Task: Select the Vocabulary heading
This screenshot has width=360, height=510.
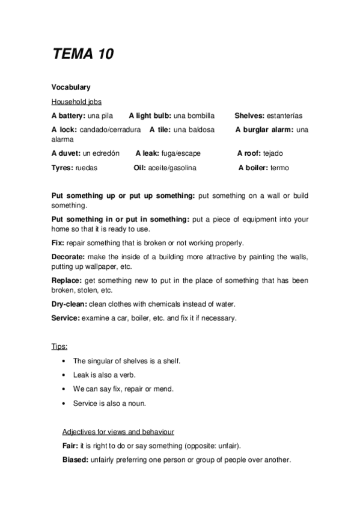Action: click(x=71, y=88)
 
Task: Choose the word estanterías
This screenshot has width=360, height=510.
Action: click(x=284, y=115)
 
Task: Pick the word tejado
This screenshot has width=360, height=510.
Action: click(x=272, y=153)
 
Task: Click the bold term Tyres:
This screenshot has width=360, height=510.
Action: click(x=63, y=168)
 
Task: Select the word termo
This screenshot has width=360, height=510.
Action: click(x=279, y=168)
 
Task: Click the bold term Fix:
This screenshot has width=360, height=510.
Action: click(x=58, y=243)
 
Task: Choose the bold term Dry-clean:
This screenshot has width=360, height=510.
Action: click(x=70, y=304)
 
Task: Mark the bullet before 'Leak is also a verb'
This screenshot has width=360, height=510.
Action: click(x=65, y=375)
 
